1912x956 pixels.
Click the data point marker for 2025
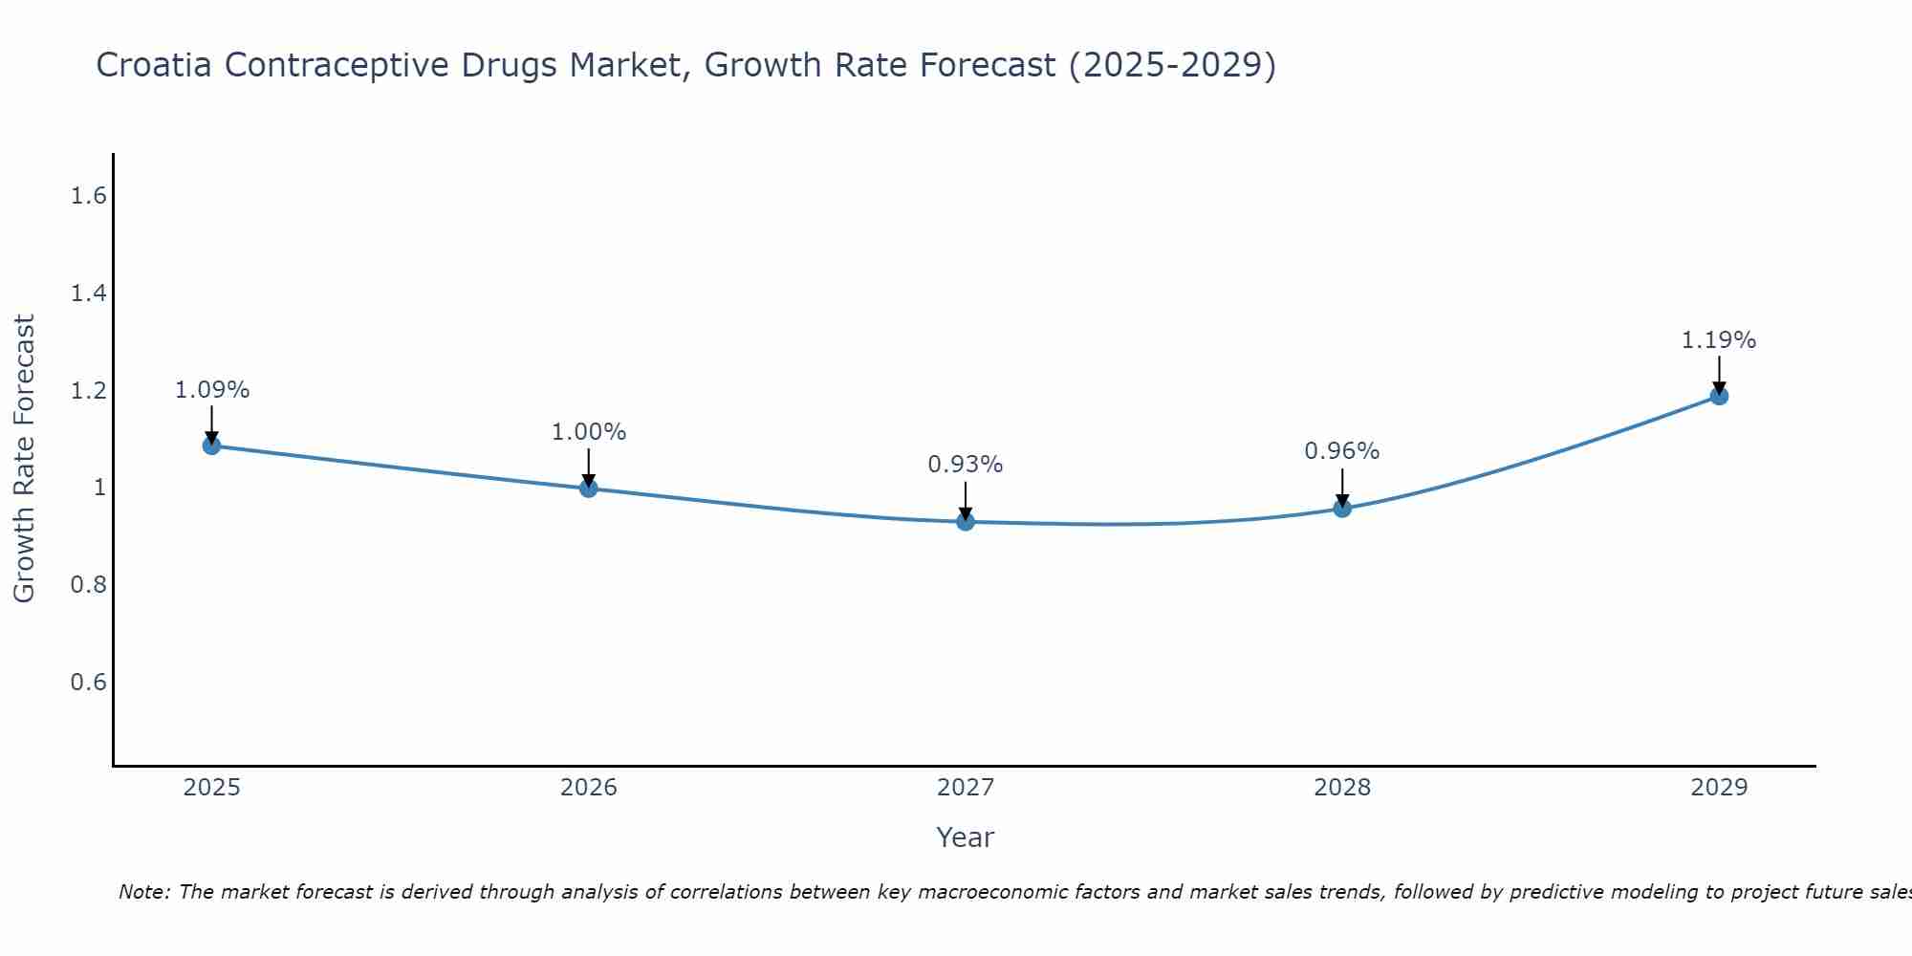tap(211, 445)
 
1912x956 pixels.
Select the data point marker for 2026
tap(589, 489)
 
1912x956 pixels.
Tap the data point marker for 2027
tap(966, 522)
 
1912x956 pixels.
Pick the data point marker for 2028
tap(1342, 509)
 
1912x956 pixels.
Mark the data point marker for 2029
tap(1719, 396)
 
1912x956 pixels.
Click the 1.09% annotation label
tap(212, 390)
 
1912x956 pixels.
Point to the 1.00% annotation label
tap(589, 432)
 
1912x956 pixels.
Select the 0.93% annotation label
tap(966, 465)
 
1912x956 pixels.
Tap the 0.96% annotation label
tap(1342, 451)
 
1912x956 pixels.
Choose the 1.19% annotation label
tap(1719, 340)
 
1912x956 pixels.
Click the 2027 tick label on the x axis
tap(966, 788)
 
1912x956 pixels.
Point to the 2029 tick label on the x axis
tap(1719, 788)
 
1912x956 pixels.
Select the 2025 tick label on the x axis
tap(211, 788)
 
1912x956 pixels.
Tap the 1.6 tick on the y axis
tap(88, 196)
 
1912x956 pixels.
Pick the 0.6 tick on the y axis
tap(88, 682)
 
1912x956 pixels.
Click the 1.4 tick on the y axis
tap(88, 293)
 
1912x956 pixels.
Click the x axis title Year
tap(966, 837)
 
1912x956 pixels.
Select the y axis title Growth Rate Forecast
tap(24, 459)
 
